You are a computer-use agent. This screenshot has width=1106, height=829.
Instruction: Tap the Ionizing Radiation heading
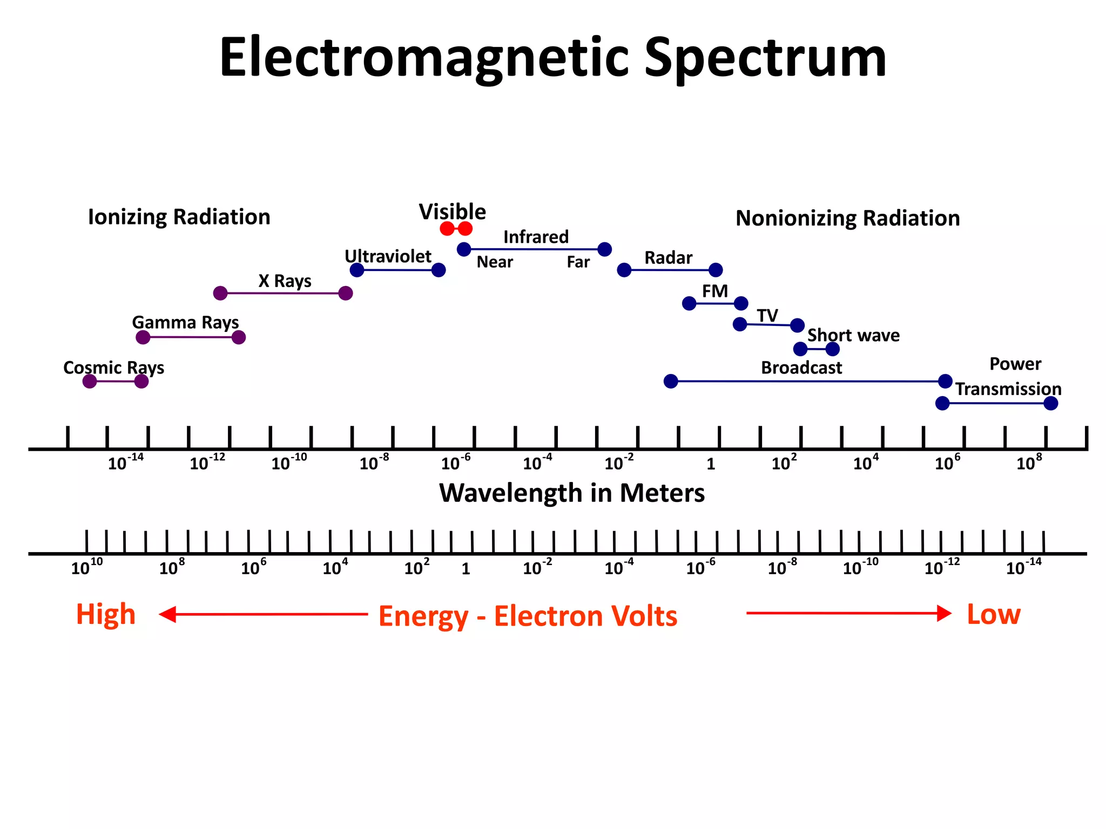(179, 217)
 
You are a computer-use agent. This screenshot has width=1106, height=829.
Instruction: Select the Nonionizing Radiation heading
(847, 219)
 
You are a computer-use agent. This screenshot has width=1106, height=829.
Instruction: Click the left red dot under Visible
(447, 229)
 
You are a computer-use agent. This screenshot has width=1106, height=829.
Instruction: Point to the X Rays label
(285, 281)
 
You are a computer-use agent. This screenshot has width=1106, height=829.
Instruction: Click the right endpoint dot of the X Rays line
(346, 294)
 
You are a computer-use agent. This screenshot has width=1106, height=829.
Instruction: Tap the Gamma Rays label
(185, 323)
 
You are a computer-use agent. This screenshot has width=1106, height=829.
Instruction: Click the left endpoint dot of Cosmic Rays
(90, 382)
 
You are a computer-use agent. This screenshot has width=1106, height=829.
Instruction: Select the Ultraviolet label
(388, 256)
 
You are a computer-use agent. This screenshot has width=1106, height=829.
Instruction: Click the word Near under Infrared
(495, 262)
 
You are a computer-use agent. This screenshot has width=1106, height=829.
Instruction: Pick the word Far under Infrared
(578, 262)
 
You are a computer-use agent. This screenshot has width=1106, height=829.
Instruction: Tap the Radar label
(668, 258)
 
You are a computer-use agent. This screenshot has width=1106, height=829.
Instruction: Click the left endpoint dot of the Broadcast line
(671, 382)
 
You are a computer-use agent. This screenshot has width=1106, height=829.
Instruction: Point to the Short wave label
(853, 336)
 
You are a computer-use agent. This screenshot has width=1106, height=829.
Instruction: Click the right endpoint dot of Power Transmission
(1050, 404)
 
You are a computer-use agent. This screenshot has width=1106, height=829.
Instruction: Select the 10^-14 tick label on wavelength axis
(125, 463)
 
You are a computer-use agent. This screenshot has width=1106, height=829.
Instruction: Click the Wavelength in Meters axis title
(571, 493)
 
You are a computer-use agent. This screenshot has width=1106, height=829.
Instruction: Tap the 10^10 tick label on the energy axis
(86, 567)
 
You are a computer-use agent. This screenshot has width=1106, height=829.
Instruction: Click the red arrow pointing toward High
(262, 614)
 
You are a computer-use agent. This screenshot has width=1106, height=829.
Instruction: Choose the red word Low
(993, 614)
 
